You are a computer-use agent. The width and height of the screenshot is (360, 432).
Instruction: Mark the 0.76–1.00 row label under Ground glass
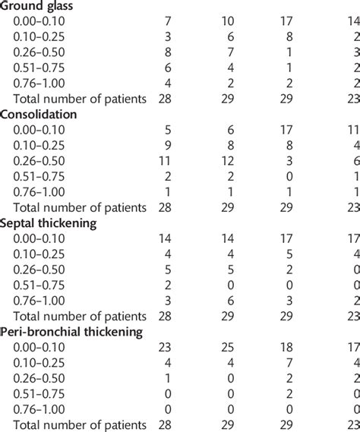point(46,81)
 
